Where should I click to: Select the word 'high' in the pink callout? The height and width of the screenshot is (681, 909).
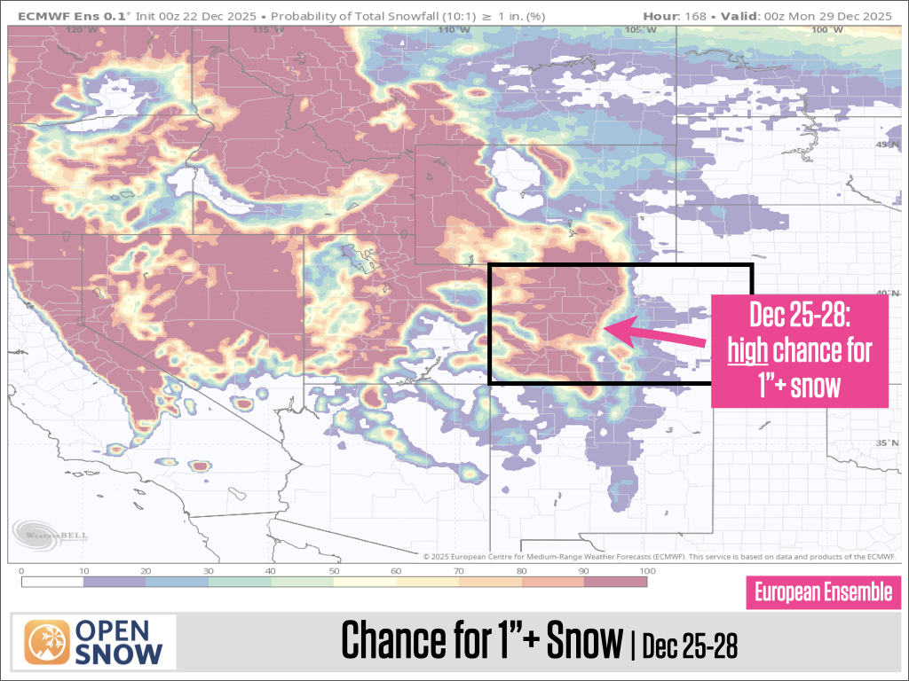(747, 351)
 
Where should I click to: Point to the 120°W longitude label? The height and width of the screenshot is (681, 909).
(81, 30)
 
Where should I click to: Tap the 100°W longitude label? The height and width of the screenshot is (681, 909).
(821, 30)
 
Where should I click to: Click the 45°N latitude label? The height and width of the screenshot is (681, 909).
(885, 145)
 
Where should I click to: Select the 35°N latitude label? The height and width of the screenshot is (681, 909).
(885, 443)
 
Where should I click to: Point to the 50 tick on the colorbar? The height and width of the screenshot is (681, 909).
(334, 572)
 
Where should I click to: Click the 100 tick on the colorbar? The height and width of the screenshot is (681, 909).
(646, 572)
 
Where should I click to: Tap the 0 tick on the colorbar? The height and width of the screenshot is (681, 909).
(20, 572)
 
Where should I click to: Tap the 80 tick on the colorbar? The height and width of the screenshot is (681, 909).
(521, 572)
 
